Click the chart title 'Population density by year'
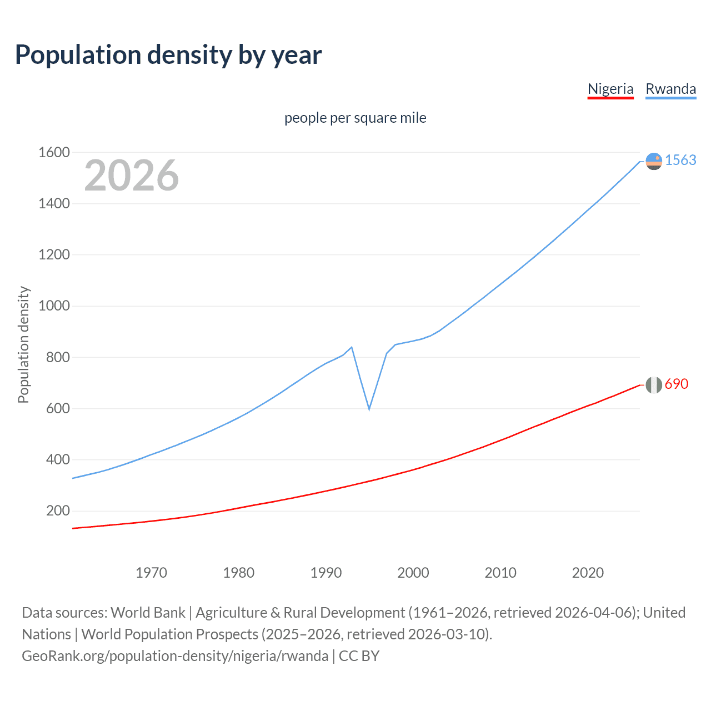pyautogui.click(x=168, y=55)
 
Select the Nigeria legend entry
pyautogui.click(x=610, y=89)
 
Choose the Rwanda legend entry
pyautogui.click(x=670, y=89)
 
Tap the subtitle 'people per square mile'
pyautogui.click(x=355, y=118)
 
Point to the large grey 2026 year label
pyautogui.click(x=132, y=176)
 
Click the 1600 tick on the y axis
pyautogui.click(x=54, y=152)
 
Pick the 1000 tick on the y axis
pyautogui.click(x=54, y=306)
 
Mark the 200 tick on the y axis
pyautogui.click(x=58, y=511)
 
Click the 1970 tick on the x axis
pyautogui.click(x=151, y=573)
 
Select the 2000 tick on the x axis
pyautogui.click(x=413, y=573)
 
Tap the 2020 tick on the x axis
pyautogui.click(x=588, y=573)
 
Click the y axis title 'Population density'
pyautogui.click(x=23, y=344)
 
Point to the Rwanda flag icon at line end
pyautogui.click(x=654, y=161)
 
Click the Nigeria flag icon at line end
pyautogui.click(x=654, y=384)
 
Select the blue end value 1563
pyautogui.click(x=680, y=160)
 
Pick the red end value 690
pyautogui.click(x=677, y=384)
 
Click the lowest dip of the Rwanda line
pyautogui.click(x=369, y=409)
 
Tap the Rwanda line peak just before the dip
pyautogui.click(x=352, y=347)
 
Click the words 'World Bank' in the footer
pyautogui.click(x=148, y=613)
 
